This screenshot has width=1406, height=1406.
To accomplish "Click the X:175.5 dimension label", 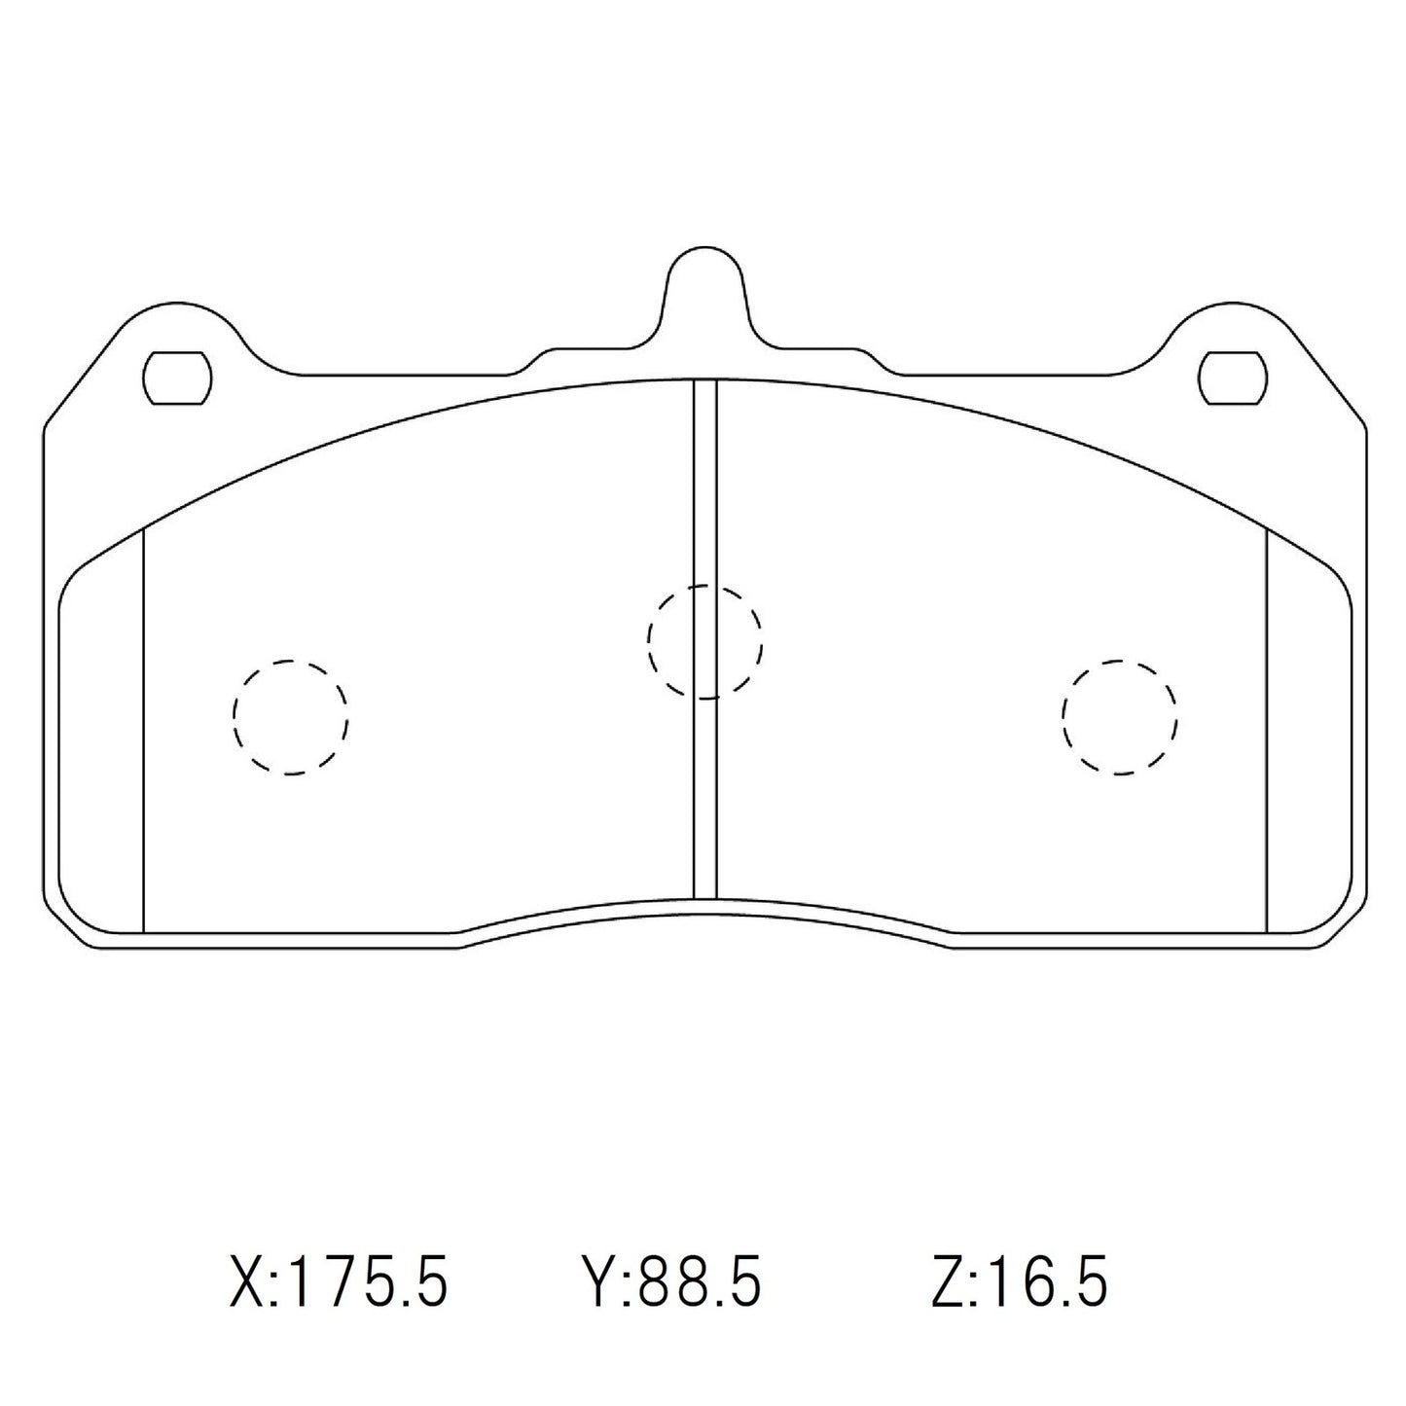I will tap(338, 1282).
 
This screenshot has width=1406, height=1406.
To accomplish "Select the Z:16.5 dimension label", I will tap(1019, 1282).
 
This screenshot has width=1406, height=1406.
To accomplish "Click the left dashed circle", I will tap(290, 717).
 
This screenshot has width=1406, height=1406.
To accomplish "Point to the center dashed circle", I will tap(704, 641).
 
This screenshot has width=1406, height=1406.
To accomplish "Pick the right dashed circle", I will tap(1119, 717).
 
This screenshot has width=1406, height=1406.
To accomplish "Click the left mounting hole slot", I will tap(177, 379).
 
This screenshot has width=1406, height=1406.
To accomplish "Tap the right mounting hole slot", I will tap(1233, 379).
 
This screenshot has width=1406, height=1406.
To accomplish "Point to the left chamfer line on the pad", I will tap(143, 730).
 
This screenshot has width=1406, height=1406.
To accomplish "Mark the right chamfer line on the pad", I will tap(1267, 730).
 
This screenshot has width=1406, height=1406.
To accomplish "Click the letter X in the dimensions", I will tap(244, 1282).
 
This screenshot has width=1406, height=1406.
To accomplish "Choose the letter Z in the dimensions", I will tap(947, 1282).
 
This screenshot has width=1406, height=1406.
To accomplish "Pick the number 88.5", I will tap(697, 1282).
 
